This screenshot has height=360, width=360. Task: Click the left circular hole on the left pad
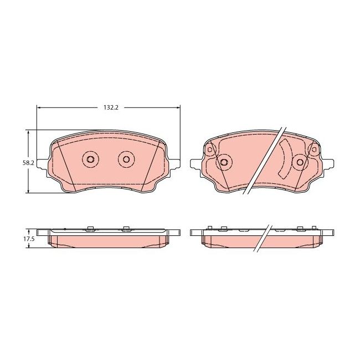[x=90, y=160]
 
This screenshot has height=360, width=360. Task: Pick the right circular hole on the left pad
[x=126, y=160]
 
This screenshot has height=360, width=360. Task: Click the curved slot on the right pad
[x=285, y=158]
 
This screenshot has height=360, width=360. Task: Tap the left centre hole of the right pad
[x=224, y=162]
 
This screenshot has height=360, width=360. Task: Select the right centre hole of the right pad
[x=300, y=162]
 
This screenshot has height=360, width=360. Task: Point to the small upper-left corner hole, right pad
[x=210, y=150]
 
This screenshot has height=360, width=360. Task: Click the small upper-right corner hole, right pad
[x=315, y=150]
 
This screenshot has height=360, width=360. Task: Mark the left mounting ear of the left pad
[x=43, y=164]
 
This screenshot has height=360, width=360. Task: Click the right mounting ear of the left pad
[x=174, y=164]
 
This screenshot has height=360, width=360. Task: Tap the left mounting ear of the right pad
[x=194, y=164]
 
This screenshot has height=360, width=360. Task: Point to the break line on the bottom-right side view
[x=263, y=238]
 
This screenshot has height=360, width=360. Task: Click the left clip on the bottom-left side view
[x=89, y=227]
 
